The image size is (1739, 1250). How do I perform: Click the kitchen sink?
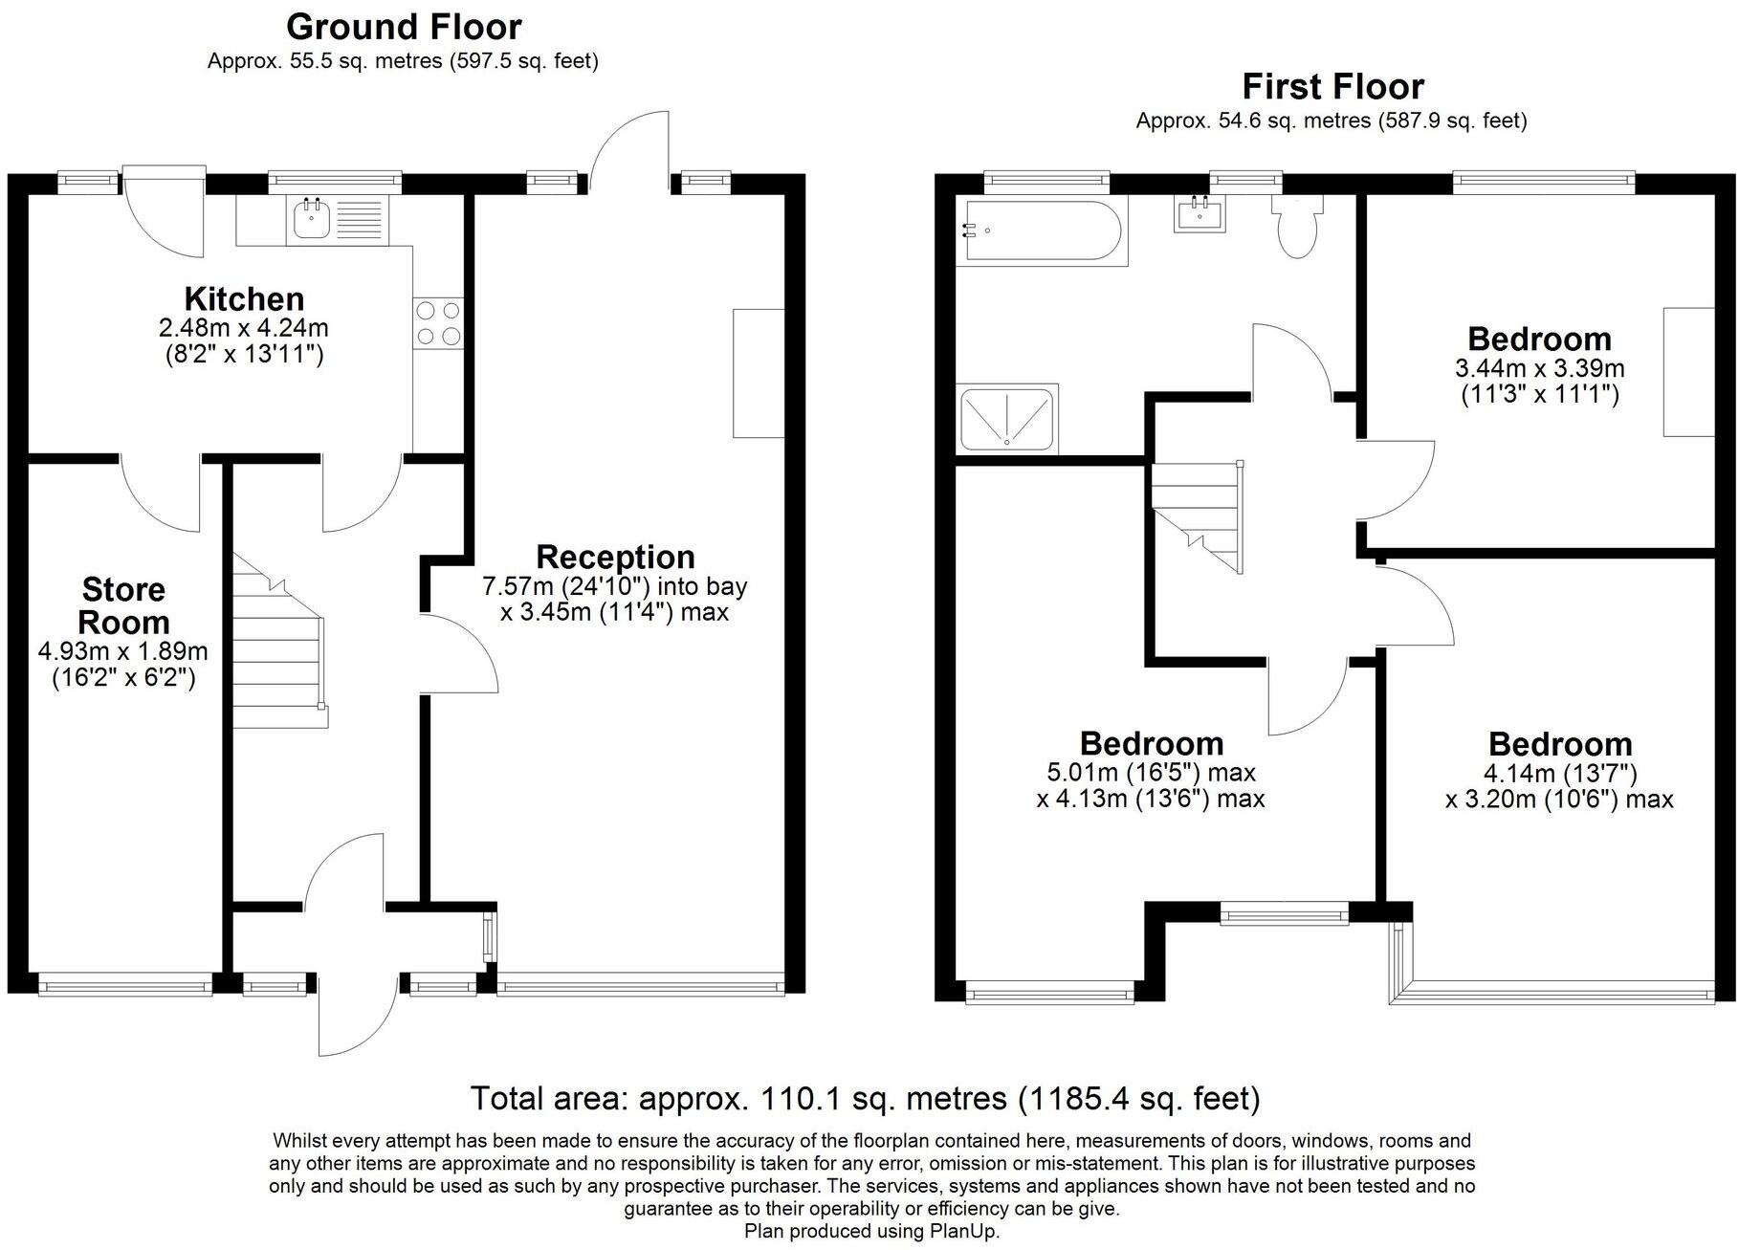pyautogui.click(x=334, y=219)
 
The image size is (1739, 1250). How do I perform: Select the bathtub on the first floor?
pyautogui.click(x=1046, y=230)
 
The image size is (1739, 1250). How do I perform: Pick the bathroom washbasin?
pyautogui.click(x=1198, y=212)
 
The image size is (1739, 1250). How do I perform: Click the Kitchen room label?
pyautogui.click(x=244, y=298)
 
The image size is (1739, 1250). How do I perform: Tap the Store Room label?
pyautogui.click(x=123, y=605)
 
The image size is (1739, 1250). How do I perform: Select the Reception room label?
pyautogui.click(x=615, y=557)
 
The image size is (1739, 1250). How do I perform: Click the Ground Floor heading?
pyautogui.click(x=404, y=26)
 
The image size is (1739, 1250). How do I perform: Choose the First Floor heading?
pyautogui.click(x=1332, y=87)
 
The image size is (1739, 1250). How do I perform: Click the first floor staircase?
pyautogui.click(x=1197, y=516)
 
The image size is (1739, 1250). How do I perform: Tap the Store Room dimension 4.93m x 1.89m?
pyautogui.click(x=122, y=652)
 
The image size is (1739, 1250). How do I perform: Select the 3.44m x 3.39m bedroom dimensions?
pyautogui.click(x=1539, y=368)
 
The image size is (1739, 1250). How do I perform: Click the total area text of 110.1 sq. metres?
pyautogui.click(x=865, y=1098)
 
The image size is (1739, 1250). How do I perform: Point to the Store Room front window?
pyautogui.click(x=124, y=983)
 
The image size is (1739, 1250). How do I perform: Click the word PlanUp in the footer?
pyautogui.click(x=964, y=1231)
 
